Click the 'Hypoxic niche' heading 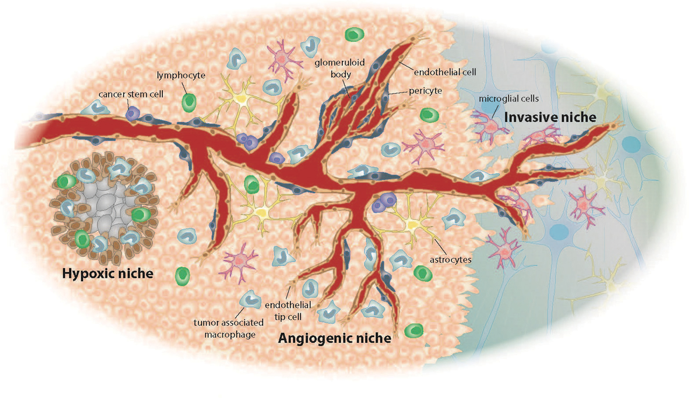tap(107, 274)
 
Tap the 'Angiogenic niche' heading tap(334, 338)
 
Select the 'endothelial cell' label tap(444, 72)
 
